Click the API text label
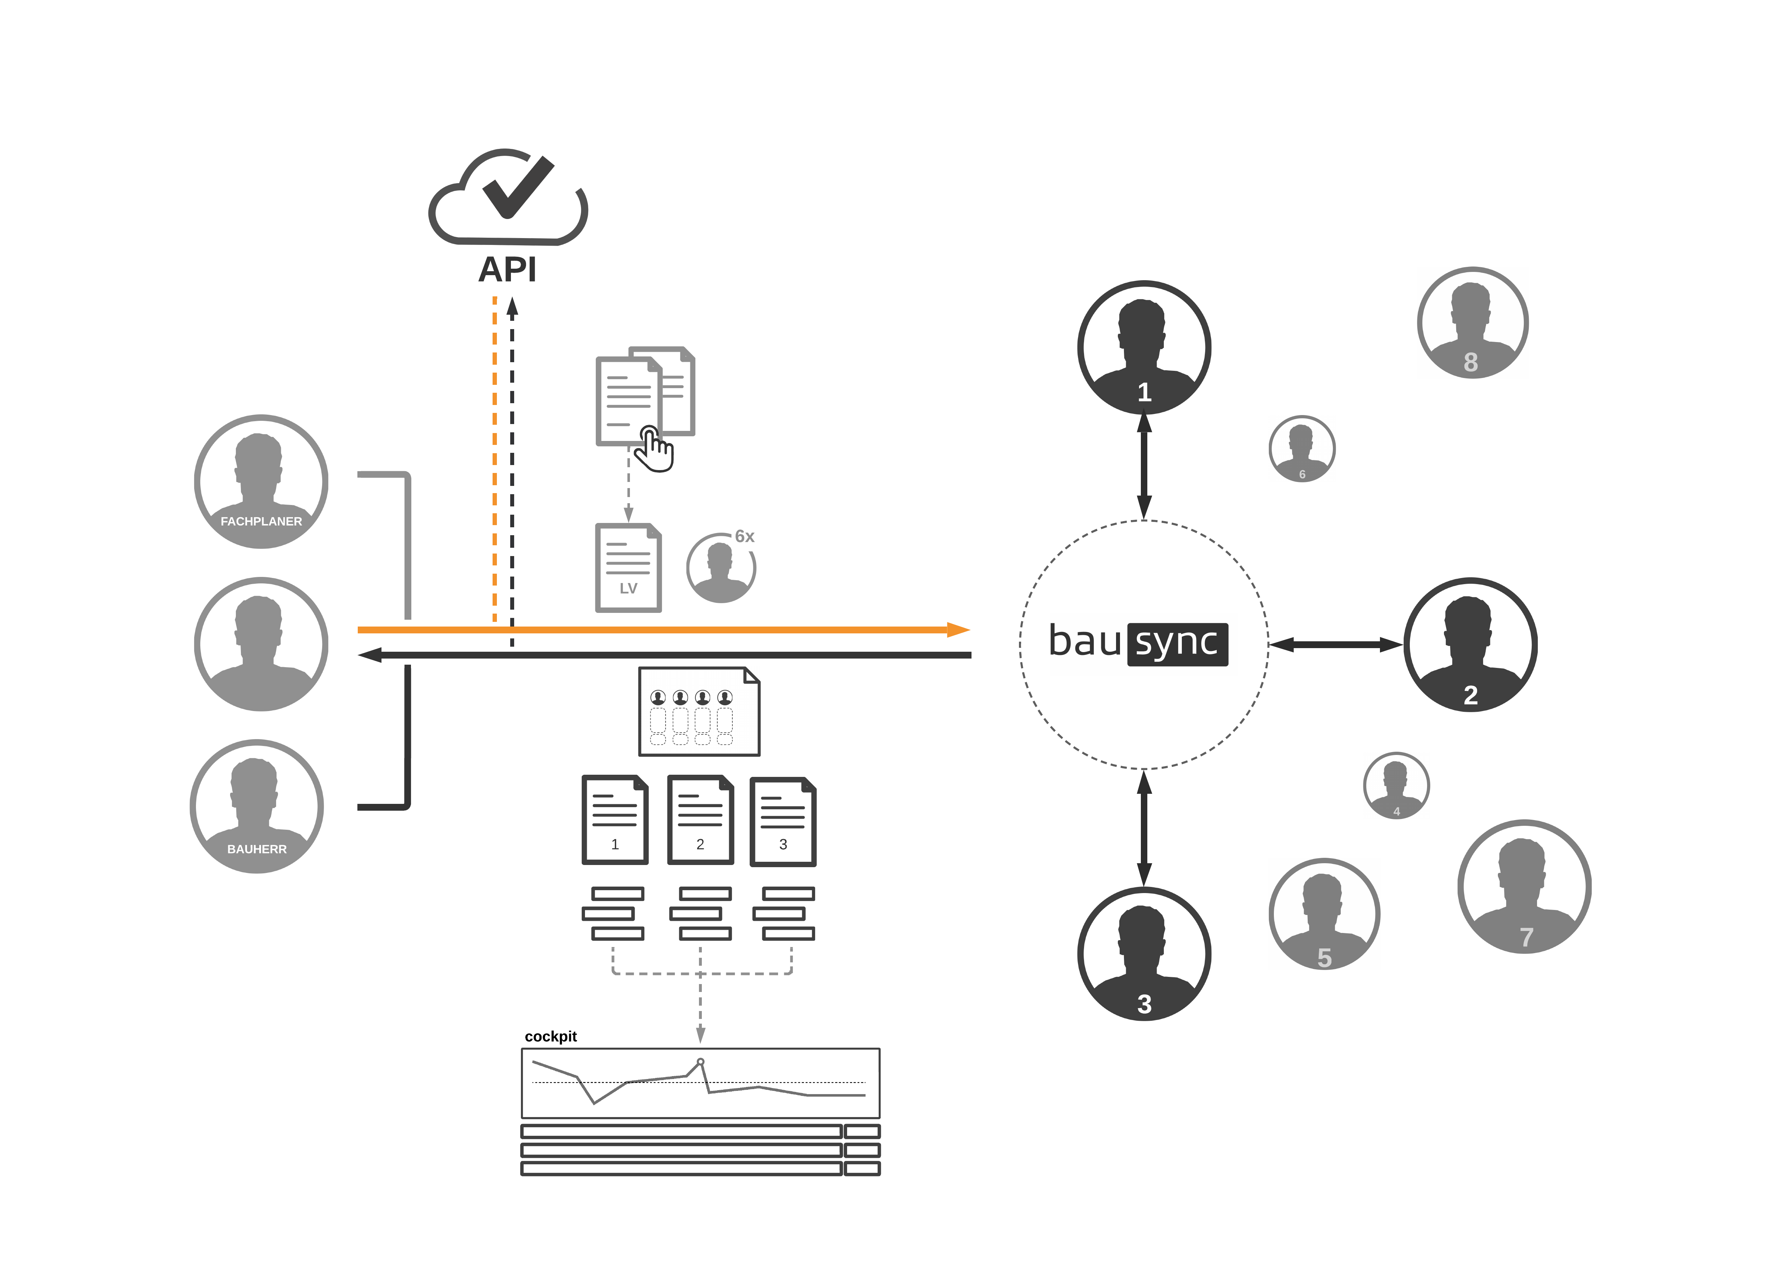coord(507,270)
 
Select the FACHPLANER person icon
coord(261,482)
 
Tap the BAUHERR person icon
coord(257,806)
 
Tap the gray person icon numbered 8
coord(1472,323)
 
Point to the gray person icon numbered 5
coord(1324,914)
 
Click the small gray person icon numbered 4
coord(1396,786)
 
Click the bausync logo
coord(1138,643)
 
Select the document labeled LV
coord(628,568)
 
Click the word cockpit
coord(550,1037)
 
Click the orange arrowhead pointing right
coord(959,629)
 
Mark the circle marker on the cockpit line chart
coord(700,1061)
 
